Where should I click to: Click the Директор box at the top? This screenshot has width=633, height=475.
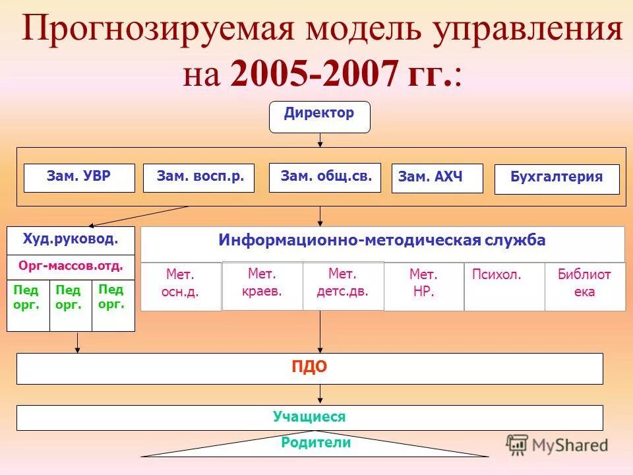(320, 117)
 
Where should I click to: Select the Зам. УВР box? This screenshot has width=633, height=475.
(79, 177)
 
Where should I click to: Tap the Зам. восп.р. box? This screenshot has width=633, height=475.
(198, 177)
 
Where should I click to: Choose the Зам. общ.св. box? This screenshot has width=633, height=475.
(325, 177)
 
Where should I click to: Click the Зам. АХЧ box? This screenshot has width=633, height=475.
(437, 178)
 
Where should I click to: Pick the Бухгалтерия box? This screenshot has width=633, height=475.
(557, 179)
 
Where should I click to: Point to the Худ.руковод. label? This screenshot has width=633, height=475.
(71, 239)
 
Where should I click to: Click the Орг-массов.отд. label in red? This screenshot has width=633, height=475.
(71, 267)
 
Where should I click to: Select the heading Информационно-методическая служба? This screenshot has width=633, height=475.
(382, 241)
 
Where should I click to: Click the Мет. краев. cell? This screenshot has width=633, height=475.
(262, 284)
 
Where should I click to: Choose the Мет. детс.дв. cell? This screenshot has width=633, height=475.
(343, 284)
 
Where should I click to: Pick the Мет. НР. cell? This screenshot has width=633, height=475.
(423, 284)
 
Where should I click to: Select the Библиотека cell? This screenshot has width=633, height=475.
(584, 284)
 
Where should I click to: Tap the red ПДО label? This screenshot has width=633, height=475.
(309, 368)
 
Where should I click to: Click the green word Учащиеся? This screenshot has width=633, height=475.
(309, 417)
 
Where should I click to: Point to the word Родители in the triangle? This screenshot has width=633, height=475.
(316, 443)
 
